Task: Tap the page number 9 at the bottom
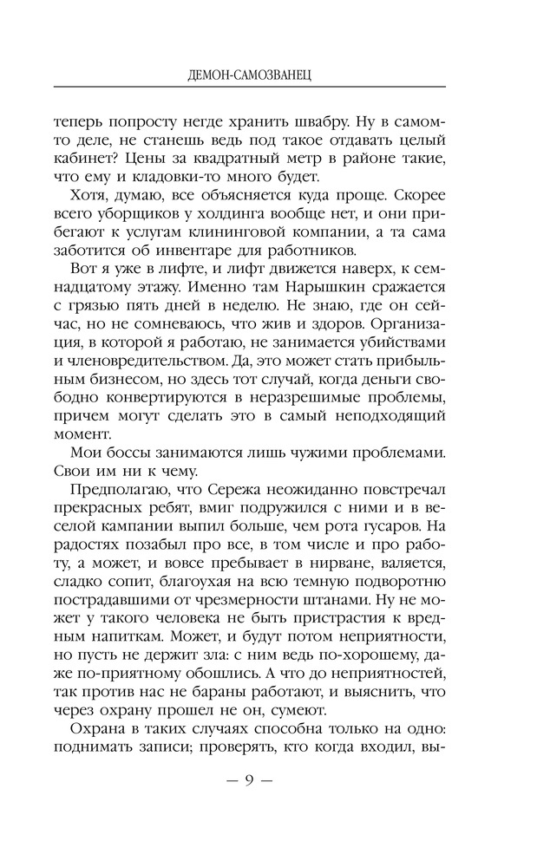pyautogui.click(x=249, y=779)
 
